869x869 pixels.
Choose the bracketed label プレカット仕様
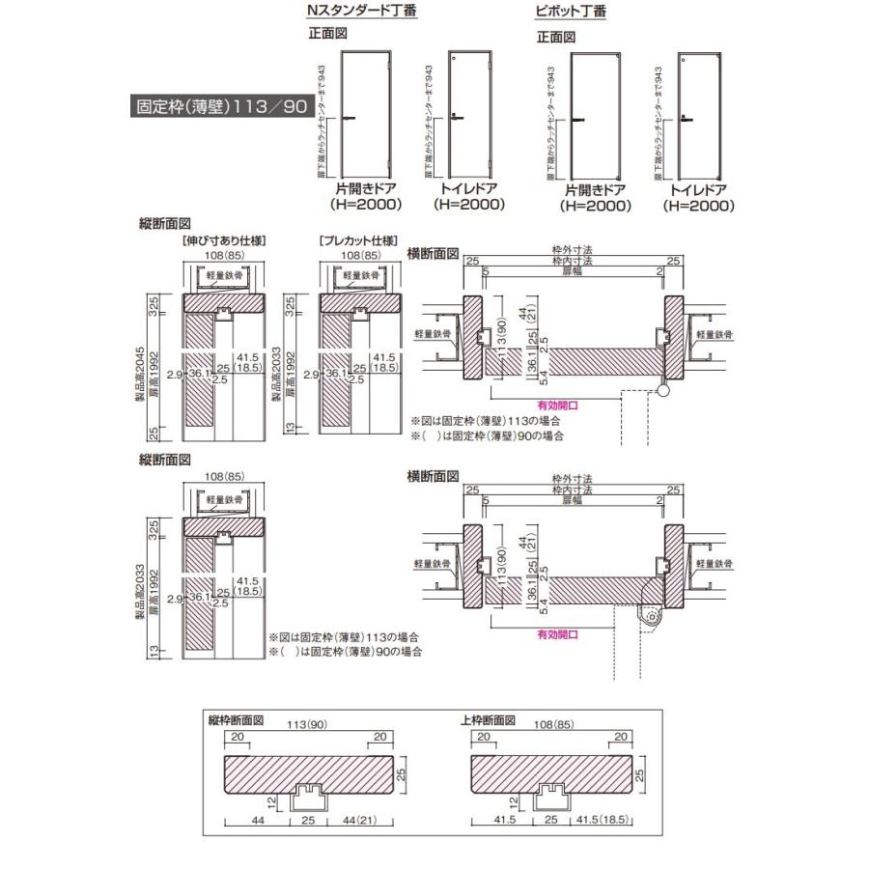(x=357, y=240)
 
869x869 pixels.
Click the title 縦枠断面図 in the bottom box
(x=236, y=720)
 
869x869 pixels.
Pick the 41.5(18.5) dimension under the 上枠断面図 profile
(x=606, y=824)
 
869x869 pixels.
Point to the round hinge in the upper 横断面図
(x=663, y=389)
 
